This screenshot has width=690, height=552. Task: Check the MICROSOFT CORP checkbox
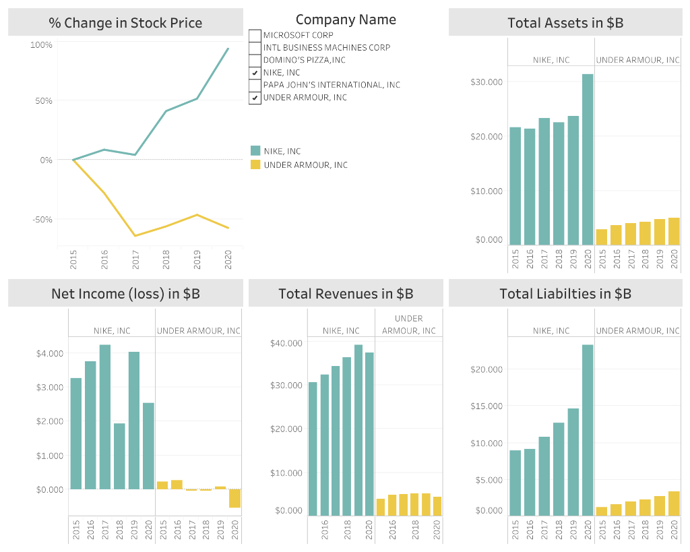click(x=255, y=35)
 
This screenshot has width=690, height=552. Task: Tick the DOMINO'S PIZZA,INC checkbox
click(x=255, y=60)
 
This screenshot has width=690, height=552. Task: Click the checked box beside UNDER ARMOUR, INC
click(x=255, y=98)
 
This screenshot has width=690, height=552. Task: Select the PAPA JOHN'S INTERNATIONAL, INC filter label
click(x=332, y=85)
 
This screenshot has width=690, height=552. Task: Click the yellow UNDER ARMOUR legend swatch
click(x=255, y=164)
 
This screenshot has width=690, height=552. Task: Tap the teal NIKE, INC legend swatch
click(x=255, y=151)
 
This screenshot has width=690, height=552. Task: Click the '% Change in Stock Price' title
click(x=125, y=23)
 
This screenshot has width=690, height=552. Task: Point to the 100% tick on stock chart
click(x=41, y=44)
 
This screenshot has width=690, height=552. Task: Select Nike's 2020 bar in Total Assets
click(x=588, y=159)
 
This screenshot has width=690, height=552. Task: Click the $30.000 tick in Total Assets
click(x=487, y=82)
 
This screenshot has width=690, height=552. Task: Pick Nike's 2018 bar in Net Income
click(x=119, y=456)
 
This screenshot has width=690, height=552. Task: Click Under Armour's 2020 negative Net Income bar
click(x=234, y=498)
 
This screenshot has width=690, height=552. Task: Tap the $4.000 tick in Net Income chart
click(x=50, y=353)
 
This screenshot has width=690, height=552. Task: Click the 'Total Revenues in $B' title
click(x=346, y=294)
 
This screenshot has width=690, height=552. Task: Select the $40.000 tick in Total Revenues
click(x=286, y=343)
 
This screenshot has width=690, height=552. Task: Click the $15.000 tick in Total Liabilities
click(x=487, y=406)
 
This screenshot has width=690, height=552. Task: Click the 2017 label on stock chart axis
click(x=135, y=259)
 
